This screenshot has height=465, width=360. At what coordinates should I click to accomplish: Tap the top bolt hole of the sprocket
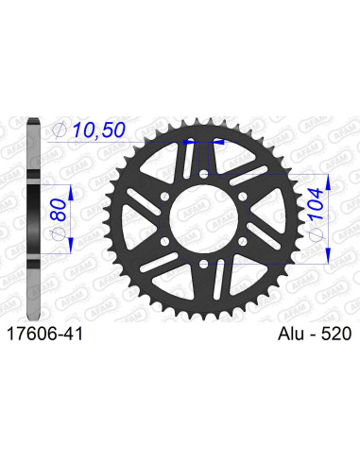pyautogui.click(x=203, y=172)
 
